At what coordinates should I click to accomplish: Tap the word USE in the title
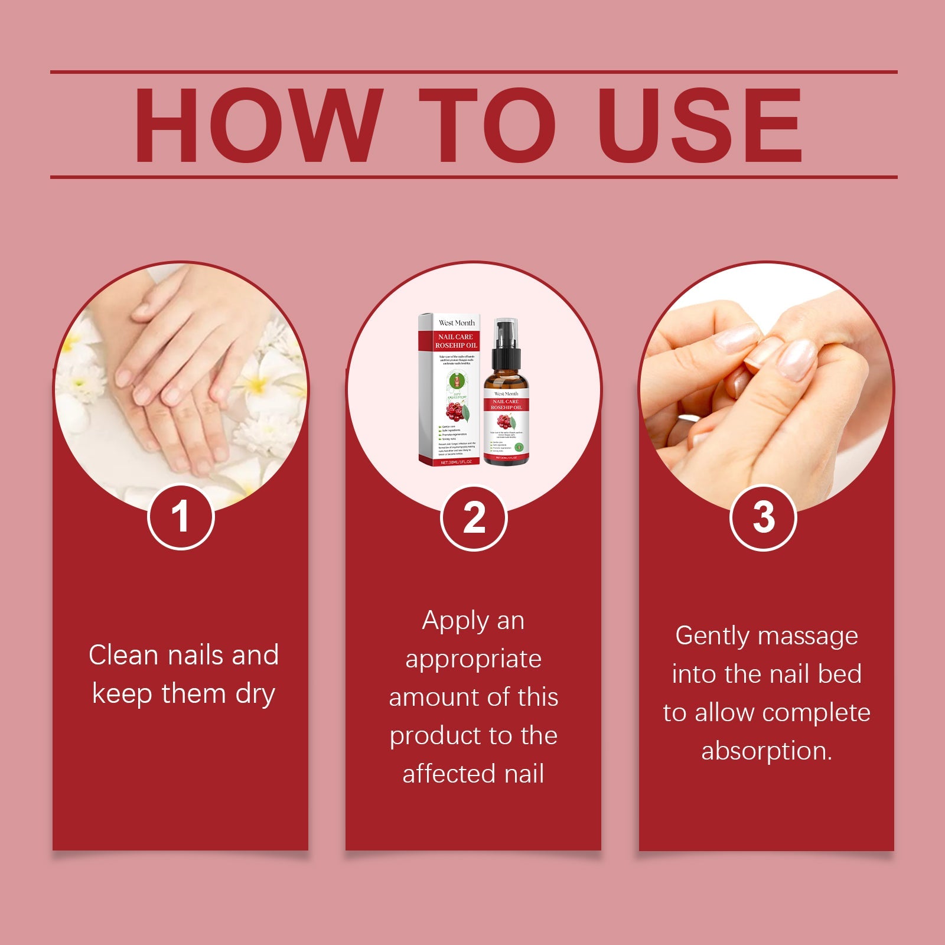[700, 125]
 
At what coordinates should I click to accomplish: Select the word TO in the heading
[488, 125]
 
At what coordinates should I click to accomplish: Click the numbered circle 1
[180, 517]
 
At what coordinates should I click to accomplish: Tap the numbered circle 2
[474, 518]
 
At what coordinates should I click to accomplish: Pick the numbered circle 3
[763, 517]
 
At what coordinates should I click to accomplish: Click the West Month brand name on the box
[456, 322]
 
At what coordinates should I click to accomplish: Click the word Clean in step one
[124, 655]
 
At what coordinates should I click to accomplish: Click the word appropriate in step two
[473, 660]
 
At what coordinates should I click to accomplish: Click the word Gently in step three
[713, 637]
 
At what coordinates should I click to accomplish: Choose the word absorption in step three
[766, 751]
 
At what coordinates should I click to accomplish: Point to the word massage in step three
[808, 637]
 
